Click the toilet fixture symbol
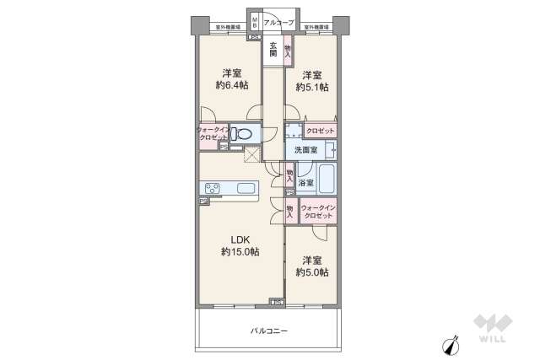[243, 134]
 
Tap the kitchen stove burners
[210, 188]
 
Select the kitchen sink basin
[246, 188]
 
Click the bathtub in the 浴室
[327, 180]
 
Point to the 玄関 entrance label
[273, 49]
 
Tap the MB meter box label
[252, 19]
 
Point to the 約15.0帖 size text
[240, 251]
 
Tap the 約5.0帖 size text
[312, 272]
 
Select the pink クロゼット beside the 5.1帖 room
[321, 132]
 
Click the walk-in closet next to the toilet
[212, 133]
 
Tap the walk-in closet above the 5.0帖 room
[318, 211]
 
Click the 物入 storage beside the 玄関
[288, 49]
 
